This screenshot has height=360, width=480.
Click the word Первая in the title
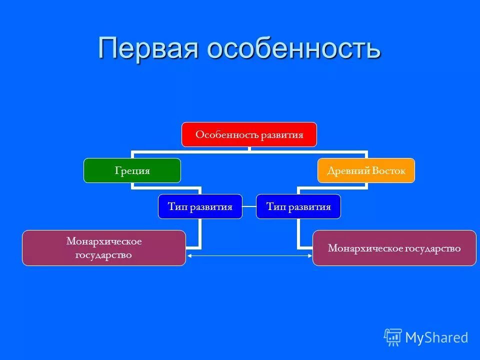[x=148, y=48]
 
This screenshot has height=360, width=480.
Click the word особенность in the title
[x=293, y=48]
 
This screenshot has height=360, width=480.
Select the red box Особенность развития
[x=249, y=134]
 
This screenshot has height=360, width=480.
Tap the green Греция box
[x=132, y=170]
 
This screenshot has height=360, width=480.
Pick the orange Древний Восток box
[x=366, y=170]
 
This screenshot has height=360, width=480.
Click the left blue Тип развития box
[x=200, y=206]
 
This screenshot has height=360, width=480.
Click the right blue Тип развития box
[x=298, y=206]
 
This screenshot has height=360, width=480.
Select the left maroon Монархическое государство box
[x=103, y=248]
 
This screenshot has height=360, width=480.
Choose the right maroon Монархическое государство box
[x=394, y=248]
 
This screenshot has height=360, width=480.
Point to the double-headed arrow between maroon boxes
[x=249, y=256]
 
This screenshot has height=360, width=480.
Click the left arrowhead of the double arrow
[x=189, y=256]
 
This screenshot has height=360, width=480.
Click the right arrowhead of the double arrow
[x=309, y=256]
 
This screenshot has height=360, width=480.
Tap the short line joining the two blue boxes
[x=249, y=206]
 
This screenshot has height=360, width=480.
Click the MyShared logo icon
[x=392, y=337]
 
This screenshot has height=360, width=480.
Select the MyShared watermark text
[x=436, y=338]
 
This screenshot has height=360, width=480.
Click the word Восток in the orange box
[x=388, y=170]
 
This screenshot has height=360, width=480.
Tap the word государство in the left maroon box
[x=104, y=255]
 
